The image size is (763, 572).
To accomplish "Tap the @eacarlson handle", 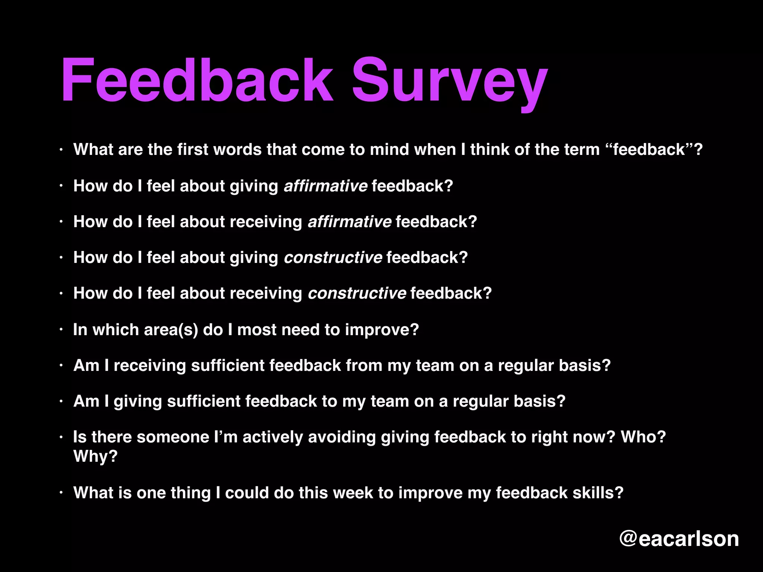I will click(679, 538).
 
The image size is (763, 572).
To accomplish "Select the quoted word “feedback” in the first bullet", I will click(649, 150).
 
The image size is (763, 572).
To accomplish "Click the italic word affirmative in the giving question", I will click(326, 186).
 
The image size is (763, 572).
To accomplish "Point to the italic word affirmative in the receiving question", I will click(349, 222).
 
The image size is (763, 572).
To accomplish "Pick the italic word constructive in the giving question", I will click(333, 257).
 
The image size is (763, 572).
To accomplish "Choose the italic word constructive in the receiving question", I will click(357, 293).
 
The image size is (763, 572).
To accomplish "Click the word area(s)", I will click(171, 330).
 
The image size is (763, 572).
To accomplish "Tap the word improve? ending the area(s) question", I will click(382, 330).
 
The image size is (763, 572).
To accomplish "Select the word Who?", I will click(643, 437).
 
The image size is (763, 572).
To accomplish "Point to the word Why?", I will click(95, 456).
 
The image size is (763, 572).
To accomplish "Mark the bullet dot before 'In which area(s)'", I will click(61, 330).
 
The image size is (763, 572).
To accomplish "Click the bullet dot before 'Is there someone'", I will click(61, 437).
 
